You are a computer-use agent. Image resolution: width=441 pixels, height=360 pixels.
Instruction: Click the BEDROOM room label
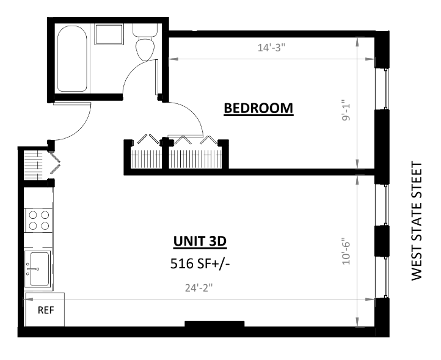[x=258, y=108]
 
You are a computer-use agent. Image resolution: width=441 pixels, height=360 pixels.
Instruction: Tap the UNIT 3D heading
[x=200, y=241]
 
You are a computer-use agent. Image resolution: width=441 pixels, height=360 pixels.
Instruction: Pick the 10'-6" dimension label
[x=345, y=251]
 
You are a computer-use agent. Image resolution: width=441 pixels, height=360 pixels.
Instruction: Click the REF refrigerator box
[x=45, y=310]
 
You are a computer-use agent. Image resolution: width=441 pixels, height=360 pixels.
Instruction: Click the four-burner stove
[x=38, y=220]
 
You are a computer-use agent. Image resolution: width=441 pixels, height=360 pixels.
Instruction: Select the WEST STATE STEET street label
[x=417, y=221]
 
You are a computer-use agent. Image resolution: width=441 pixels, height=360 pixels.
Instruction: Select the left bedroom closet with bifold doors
[x=146, y=155]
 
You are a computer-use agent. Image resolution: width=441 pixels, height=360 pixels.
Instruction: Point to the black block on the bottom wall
[x=214, y=324]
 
